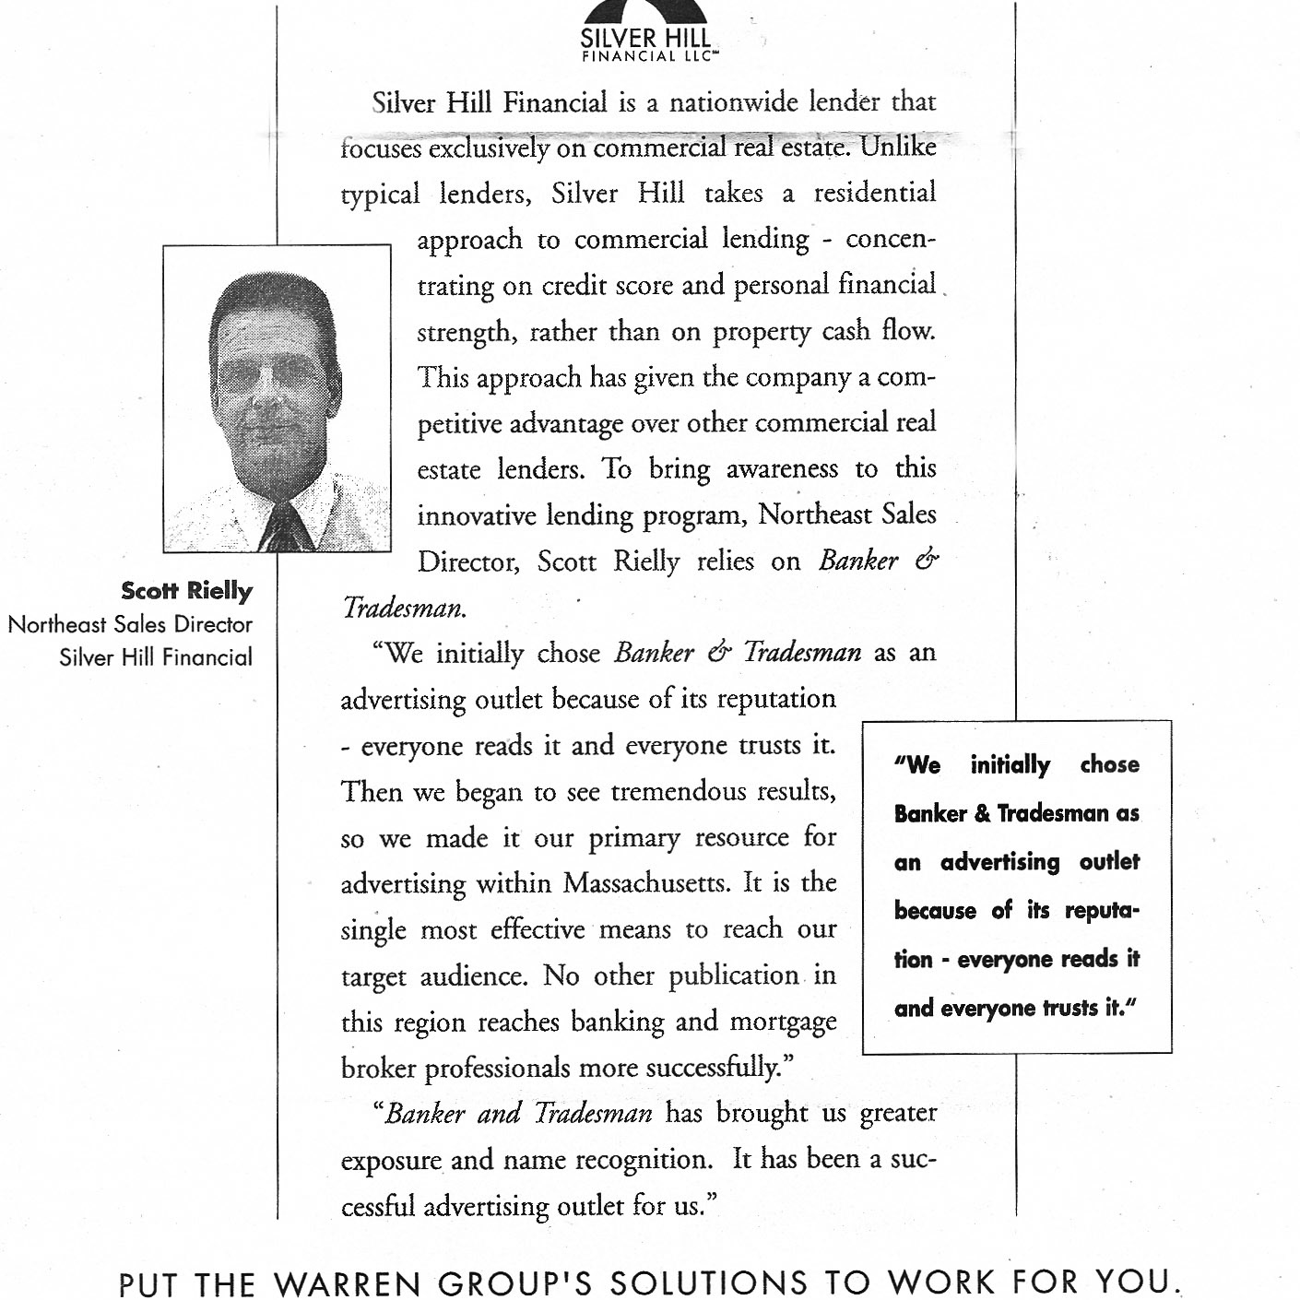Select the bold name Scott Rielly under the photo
pyautogui.click(x=186, y=591)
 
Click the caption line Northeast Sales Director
pyautogui.click(x=130, y=624)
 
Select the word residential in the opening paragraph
pyautogui.click(x=874, y=194)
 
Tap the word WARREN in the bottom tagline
pyautogui.click(x=343, y=1282)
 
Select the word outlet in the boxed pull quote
pyautogui.click(x=1109, y=862)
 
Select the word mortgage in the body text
pyautogui.click(x=783, y=1022)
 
